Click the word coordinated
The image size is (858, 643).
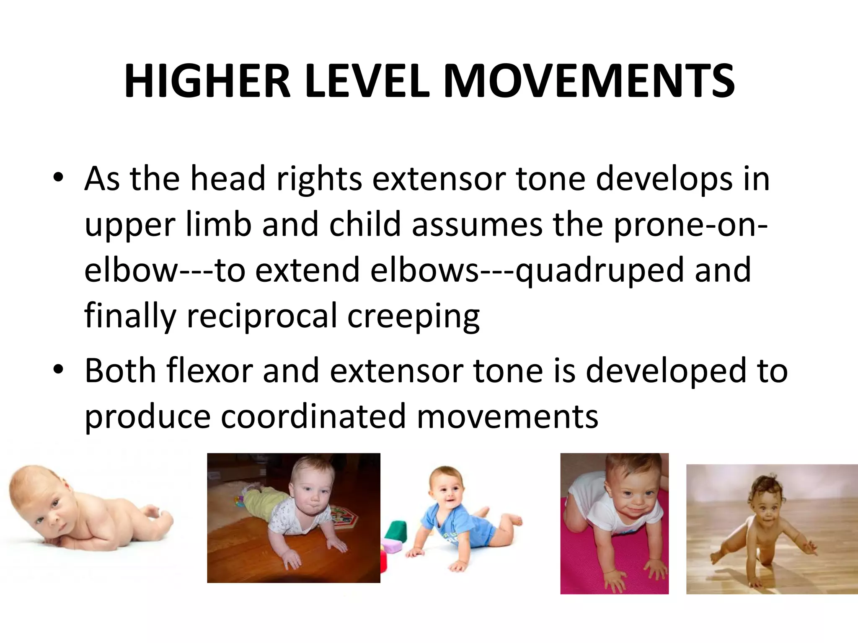(x=313, y=416)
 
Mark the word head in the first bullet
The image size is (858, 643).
(x=228, y=178)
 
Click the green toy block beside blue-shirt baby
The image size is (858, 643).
(x=395, y=531)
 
